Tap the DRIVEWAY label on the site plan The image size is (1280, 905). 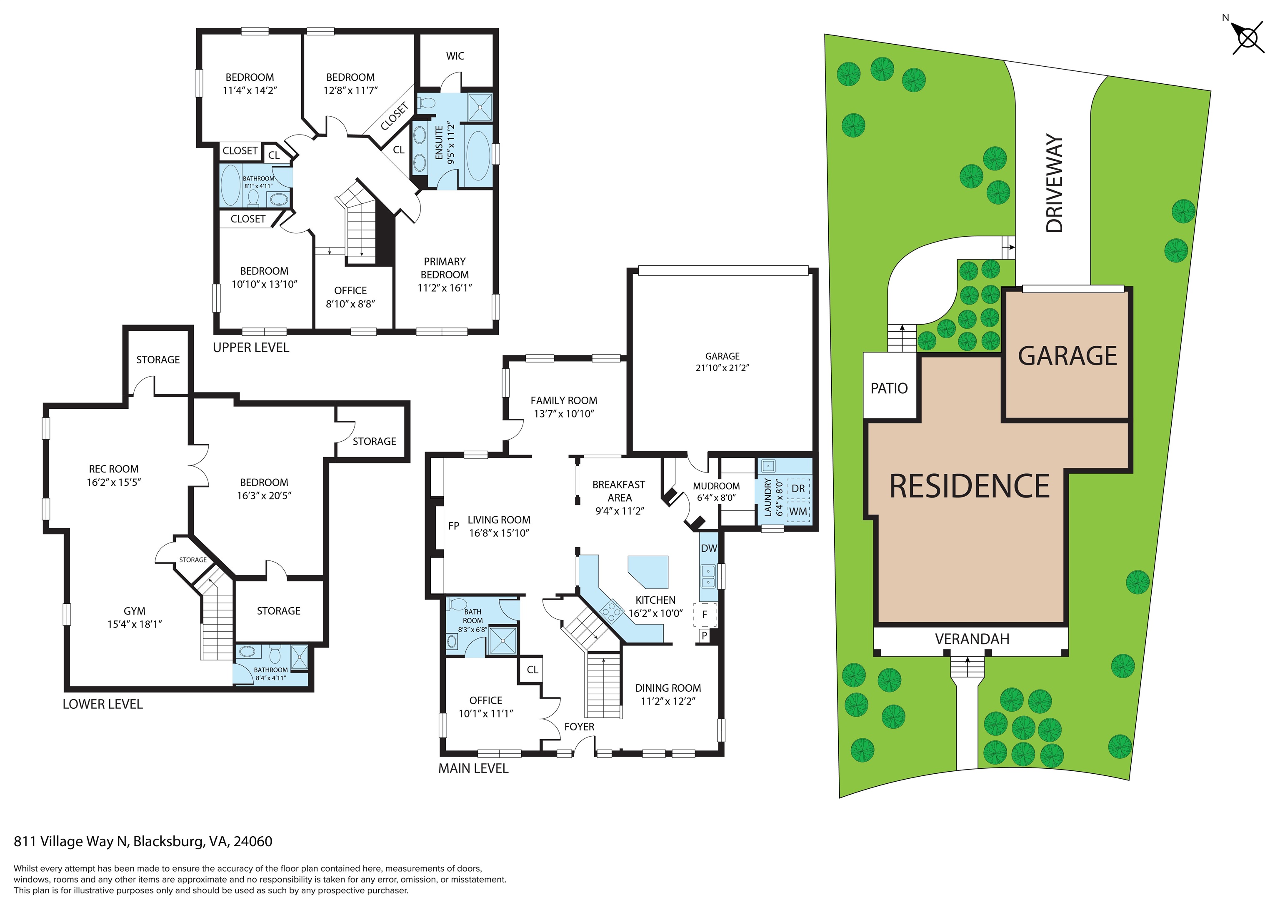[1054, 183]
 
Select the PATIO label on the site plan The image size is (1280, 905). [889, 388]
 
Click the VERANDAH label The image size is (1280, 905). [972, 639]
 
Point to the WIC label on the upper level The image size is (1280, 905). [455, 56]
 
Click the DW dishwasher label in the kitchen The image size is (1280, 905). [709, 548]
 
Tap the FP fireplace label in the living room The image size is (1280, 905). [454, 526]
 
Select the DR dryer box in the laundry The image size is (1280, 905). [798, 488]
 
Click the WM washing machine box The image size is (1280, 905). [798, 511]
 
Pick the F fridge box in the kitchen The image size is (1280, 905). [705, 615]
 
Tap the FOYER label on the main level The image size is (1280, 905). [579, 727]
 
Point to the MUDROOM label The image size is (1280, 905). [716, 486]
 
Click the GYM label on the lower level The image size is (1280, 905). [134, 611]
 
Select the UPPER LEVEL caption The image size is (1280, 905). [251, 347]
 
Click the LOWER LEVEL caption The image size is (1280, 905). [102, 704]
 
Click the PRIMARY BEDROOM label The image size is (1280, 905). [444, 268]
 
